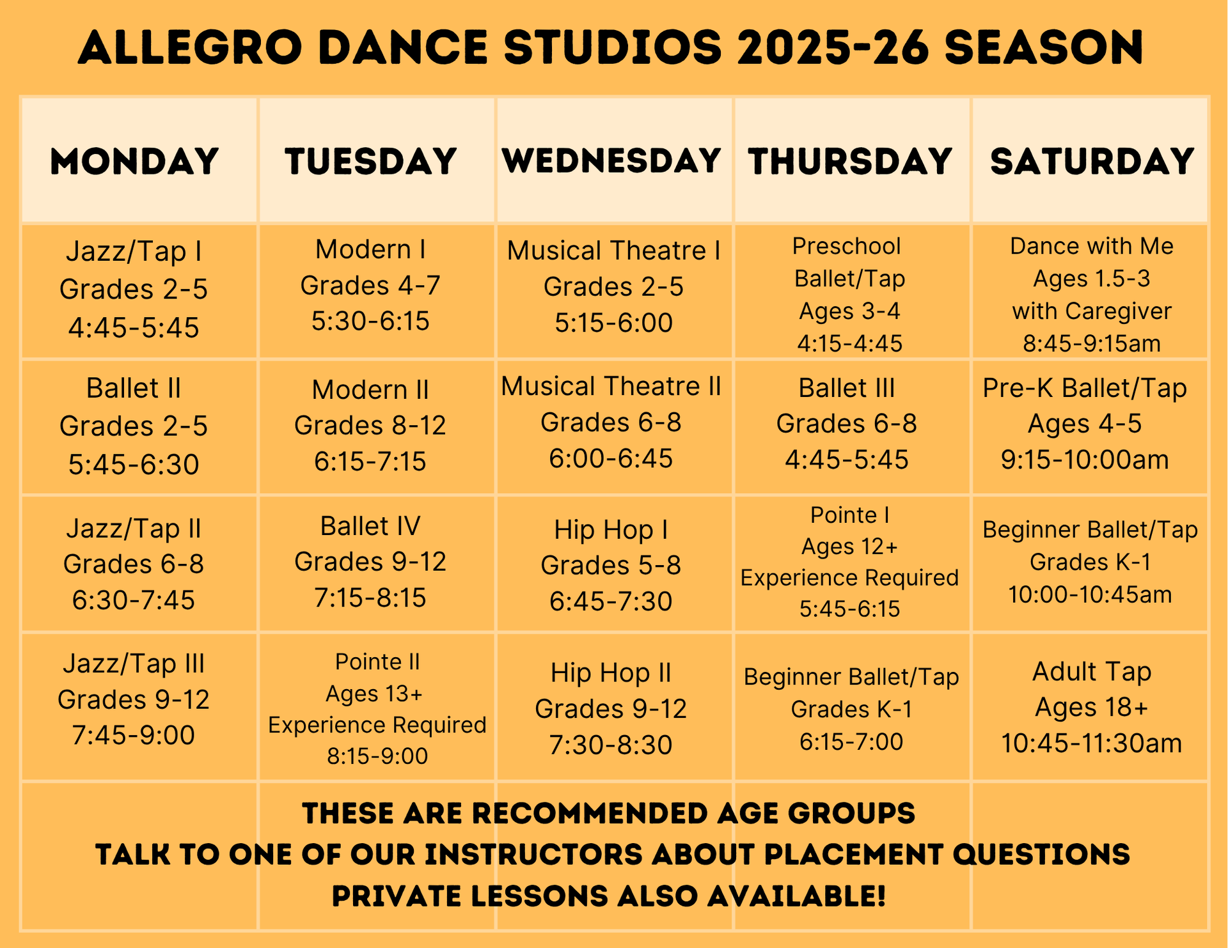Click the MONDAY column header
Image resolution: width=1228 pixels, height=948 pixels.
[x=135, y=161]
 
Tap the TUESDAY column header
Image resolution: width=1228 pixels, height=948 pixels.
[x=371, y=161]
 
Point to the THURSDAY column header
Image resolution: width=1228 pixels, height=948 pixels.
[x=850, y=161]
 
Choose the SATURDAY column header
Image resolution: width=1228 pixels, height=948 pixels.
[x=1092, y=161]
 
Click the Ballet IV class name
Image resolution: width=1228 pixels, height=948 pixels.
[x=370, y=526]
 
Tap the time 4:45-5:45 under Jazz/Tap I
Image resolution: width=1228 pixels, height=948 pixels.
[x=134, y=328]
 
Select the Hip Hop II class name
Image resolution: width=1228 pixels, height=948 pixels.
[x=611, y=673]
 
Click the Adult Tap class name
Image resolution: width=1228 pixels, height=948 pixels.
[x=1092, y=672]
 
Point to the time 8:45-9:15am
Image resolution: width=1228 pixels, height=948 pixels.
[x=1092, y=344]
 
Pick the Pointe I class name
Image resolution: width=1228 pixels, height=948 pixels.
[x=850, y=515]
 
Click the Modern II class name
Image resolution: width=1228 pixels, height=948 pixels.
[x=370, y=390]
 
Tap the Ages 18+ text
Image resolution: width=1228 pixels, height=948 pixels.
[x=1092, y=708]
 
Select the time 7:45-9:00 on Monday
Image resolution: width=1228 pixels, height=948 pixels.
[x=134, y=736]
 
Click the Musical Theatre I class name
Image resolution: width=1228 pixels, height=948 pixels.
[x=613, y=251]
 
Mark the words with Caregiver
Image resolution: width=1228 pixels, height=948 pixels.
[x=1092, y=311]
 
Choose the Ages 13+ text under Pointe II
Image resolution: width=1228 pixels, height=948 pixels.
[x=374, y=694]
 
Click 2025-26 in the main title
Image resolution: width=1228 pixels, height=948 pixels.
[x=832, y=47]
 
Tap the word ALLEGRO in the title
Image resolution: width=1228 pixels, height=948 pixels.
[x=189, y=47]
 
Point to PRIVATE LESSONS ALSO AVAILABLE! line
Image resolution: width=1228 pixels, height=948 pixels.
[x=609, y=896]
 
